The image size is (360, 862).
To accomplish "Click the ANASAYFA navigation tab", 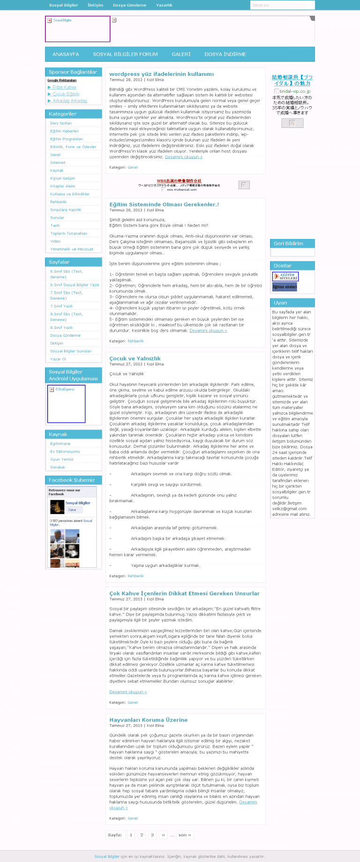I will point(66,54).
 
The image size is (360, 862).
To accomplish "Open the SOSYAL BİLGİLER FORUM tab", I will point(125,54).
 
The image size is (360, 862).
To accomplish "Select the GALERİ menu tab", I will point(181,54).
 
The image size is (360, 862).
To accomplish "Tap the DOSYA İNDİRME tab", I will point(225,54).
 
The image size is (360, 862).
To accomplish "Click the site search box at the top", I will point(282,5).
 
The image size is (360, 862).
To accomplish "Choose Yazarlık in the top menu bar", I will point(164,5).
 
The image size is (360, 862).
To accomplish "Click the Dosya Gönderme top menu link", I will point(129,5).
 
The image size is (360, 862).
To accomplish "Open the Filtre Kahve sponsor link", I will point(64,87).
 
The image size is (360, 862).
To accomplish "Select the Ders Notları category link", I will point(61,123).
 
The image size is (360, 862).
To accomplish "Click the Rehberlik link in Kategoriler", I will point(58,202).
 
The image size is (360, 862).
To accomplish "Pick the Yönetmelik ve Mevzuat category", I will point(72,249).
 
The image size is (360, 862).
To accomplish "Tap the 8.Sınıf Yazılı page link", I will point(61,327).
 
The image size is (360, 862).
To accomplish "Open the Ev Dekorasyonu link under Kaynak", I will point(65,452).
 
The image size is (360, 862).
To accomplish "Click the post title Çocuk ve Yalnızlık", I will point(135,358).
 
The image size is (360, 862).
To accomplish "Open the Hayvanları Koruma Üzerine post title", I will point(148,720).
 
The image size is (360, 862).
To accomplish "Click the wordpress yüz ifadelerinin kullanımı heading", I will point(161,74).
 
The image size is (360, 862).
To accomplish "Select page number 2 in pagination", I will point(142,835).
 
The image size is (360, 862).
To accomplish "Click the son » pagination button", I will point(185,835).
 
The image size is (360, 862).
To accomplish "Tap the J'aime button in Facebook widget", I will point(72,510).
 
